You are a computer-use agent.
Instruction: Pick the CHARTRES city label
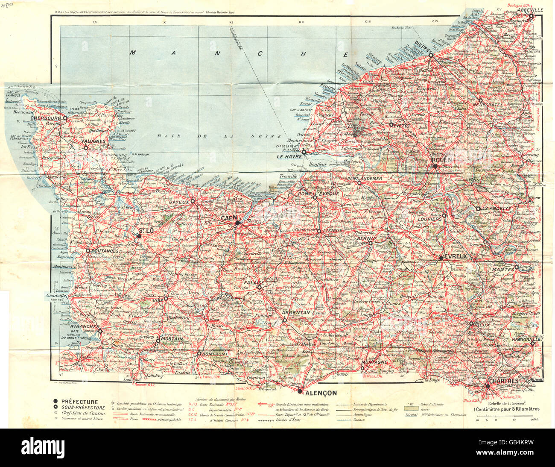[504, 381]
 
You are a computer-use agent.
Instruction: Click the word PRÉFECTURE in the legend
[79, 402]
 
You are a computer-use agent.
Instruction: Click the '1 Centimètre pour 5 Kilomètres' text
[507, 409]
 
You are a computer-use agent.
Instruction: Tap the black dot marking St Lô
[139, 235]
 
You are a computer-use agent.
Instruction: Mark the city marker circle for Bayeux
[193, 201]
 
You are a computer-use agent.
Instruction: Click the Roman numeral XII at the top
[301, 21]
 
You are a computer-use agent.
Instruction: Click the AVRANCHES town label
[85, 326]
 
